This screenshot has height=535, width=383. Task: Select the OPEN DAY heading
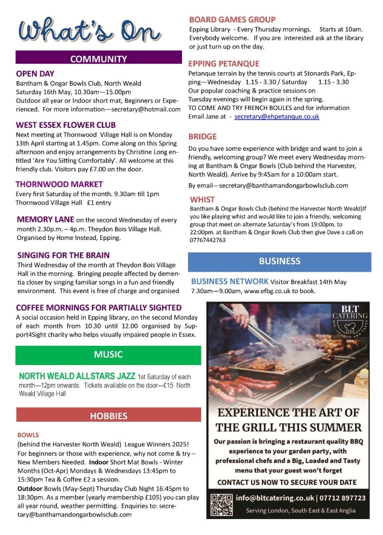click(35, 74)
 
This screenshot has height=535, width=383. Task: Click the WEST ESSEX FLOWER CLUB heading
click(65, 125)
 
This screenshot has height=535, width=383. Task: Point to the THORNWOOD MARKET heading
click(59, 184)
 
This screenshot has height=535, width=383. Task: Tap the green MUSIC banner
click(108, 355)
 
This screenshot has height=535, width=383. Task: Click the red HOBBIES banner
click(108, 416)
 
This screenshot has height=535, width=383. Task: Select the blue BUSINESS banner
click(279, 261)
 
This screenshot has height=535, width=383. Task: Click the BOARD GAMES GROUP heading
click(232, 19)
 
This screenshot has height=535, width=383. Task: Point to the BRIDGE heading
click(202, 136)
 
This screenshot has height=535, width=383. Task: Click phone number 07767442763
click(207, 240)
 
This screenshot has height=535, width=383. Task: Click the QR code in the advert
click(221, 504)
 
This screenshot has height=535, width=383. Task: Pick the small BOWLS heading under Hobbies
click(28, 434)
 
